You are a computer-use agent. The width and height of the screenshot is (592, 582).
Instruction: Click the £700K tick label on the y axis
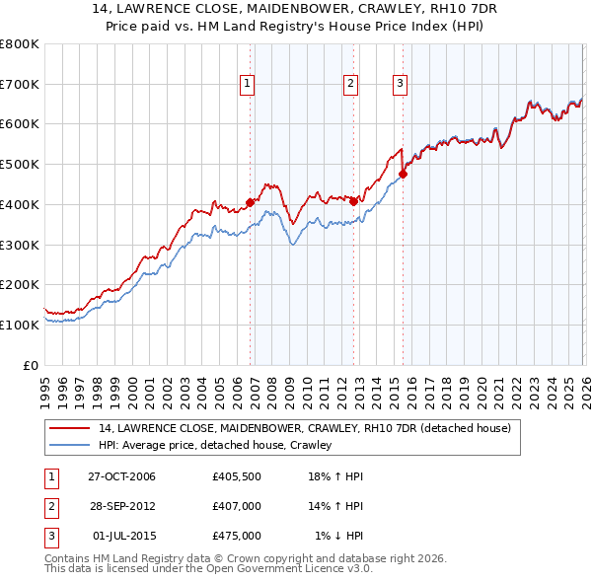[x=20, y=84]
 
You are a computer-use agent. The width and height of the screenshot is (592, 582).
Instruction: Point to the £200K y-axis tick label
[x=20, y=284]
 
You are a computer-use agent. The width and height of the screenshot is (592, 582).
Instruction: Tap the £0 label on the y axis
[x=31, y=365]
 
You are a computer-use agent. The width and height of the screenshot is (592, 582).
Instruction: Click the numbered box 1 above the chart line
[x=247, y=84]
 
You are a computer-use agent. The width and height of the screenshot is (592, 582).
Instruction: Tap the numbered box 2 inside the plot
[x=350, y=84]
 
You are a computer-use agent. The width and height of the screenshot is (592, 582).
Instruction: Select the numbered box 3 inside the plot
[x=400, y=84]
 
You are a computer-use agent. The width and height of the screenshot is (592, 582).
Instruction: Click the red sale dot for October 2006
[x=250, y=202]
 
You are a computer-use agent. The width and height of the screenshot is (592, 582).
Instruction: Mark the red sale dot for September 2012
[x=353, y=201]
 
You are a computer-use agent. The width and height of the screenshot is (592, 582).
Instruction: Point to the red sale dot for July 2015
[x=403, y=175]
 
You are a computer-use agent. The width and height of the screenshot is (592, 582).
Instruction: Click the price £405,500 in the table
[x=236, y=477]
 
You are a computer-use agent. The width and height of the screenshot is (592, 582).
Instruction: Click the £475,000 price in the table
[x=236, y=536]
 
